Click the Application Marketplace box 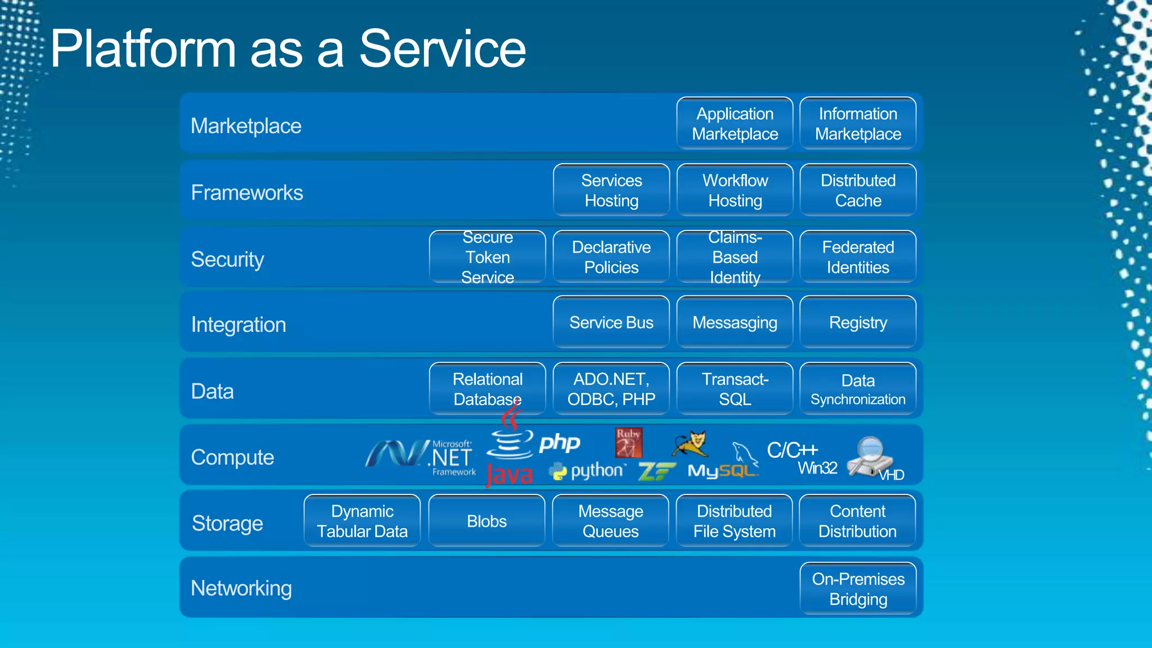[735, 124]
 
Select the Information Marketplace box [858, 124]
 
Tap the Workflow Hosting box [735, 190]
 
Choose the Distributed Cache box [858, 190]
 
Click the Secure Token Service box [487, 257]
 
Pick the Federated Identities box [858, 257]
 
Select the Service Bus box [611, 322]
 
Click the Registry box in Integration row [858, 322]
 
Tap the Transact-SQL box [735, 389]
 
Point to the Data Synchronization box [858, 389]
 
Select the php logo [559, 443]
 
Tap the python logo [588, 471]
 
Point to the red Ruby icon [628, 442]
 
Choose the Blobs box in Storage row [487, 521]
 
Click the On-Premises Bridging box [858, 588]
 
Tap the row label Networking [241, 588]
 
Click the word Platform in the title [143, 49]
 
